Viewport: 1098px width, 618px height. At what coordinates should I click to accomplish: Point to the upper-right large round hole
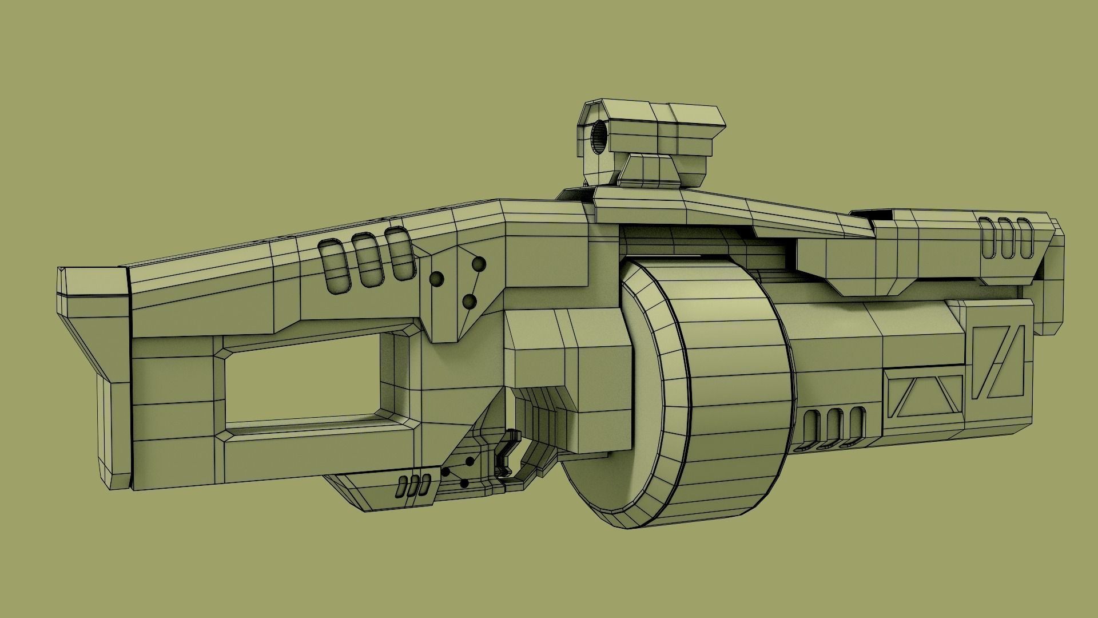point(479,264)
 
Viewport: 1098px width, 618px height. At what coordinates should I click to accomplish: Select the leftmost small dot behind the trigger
point(444,473)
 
